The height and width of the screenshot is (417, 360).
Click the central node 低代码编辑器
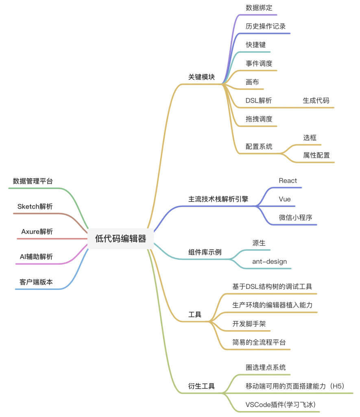coord(120,239)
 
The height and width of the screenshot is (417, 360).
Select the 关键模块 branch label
coord(201,77)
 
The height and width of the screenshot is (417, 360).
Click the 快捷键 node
coord(255,45)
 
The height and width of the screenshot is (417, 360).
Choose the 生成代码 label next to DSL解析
coord(316,101)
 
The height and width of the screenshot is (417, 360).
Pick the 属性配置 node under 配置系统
coord(316,155)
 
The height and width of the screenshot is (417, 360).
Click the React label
coord(288,181)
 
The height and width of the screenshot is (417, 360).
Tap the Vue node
coord(285,199)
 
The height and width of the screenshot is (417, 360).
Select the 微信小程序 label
coord(295,217)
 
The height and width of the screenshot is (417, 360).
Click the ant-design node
coord(269,261)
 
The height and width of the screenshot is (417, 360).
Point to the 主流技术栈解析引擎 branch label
coord(218,200)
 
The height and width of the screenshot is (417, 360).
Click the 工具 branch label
coord(195,314)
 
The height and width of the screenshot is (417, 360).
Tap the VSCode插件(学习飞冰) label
coord(281,405)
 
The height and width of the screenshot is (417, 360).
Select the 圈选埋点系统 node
coord(266,368)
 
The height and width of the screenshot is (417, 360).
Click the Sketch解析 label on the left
coord(35,206)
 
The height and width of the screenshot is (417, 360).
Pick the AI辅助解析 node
coord(36,257)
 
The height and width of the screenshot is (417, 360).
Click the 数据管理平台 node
coord(33,181)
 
